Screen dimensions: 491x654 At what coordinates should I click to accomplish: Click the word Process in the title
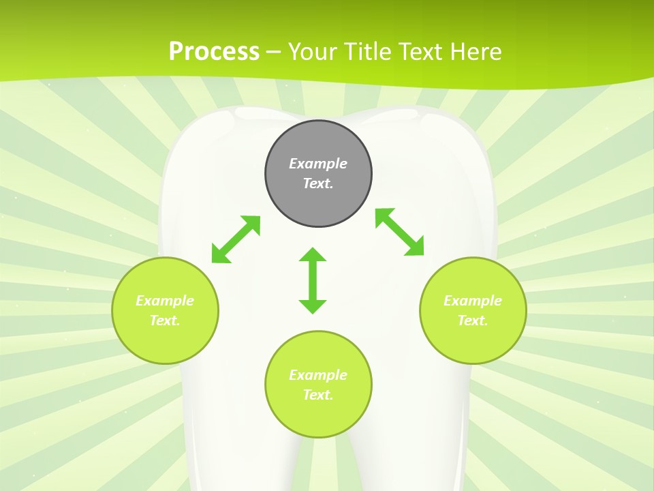click(214, 52)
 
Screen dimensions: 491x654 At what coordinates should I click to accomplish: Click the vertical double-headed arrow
click(313, 281)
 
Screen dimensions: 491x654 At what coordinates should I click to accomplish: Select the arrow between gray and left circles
click(236, 239)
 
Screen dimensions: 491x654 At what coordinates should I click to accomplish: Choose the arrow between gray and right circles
click(400, 232)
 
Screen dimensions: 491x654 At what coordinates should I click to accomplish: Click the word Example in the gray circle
click(318, 164)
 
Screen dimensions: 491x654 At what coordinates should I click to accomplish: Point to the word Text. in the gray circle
click(318, 183)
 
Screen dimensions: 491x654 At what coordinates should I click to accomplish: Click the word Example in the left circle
click(165, 301)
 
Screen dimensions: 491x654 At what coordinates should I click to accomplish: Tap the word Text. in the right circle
click(473, 321)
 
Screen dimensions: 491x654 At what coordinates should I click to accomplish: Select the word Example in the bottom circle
click(318, 375)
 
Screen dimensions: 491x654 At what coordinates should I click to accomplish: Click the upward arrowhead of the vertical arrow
click(313, 255)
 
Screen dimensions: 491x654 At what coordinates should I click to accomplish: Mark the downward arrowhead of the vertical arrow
click(313, 306)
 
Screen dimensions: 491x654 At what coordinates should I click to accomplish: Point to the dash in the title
click(273, 52)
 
